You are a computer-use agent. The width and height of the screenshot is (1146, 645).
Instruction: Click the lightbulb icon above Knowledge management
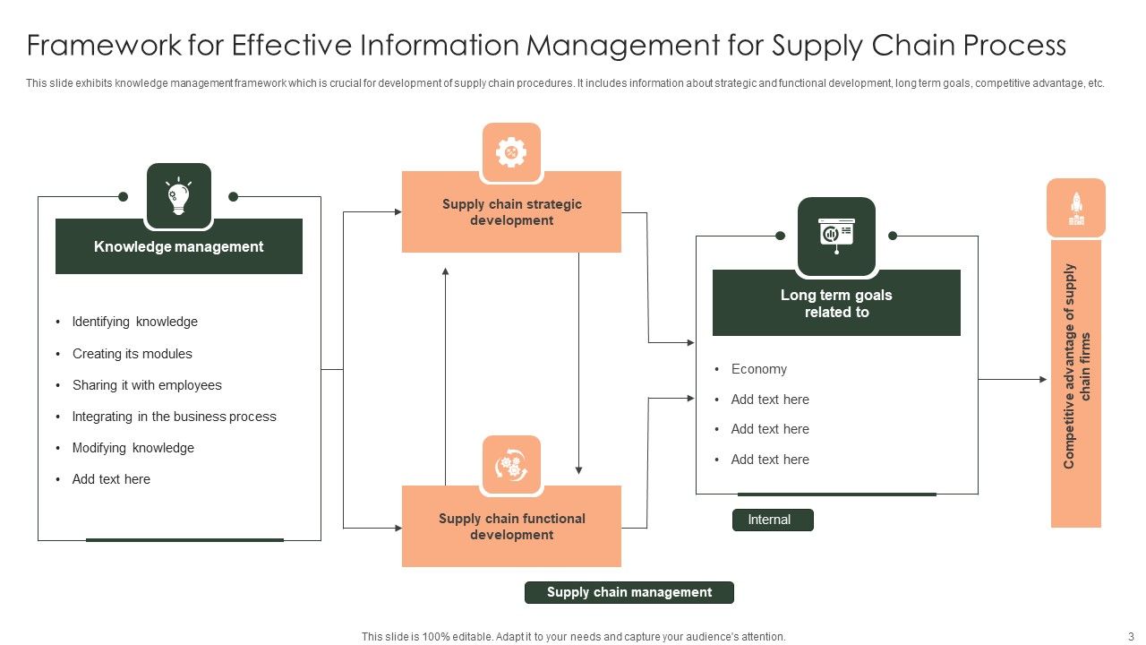coord(179,196)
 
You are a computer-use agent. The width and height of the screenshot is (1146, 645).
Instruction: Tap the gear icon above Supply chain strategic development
coord(511,152)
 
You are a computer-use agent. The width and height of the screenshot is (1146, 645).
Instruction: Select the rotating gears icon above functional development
coord(511,466)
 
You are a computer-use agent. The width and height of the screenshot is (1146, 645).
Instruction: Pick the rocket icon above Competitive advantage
coord(1076,208)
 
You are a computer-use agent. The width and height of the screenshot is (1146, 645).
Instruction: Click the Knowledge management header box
coord(179,246)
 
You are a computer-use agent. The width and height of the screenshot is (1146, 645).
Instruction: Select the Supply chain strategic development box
coord(511,212)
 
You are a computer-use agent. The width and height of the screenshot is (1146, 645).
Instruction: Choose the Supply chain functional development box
coord(511,527)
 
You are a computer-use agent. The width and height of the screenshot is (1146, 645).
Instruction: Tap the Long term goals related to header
coord(836,304)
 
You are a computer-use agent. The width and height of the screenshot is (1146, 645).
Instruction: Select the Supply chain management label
coord(629,592)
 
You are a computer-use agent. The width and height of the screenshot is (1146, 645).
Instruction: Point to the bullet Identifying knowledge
coord(134,322)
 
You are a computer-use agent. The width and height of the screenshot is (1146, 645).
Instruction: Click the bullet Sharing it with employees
coord(147,385)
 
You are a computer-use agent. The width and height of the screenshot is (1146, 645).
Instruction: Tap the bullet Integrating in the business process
coord(174,417)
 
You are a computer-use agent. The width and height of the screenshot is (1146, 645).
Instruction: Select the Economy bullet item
coord(758,369)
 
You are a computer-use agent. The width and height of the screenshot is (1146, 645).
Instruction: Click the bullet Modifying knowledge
coord(133,448)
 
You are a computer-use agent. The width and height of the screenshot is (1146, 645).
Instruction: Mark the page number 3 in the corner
coord(1130,636)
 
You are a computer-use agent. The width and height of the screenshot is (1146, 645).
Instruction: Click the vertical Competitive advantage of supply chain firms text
coord(1076,365)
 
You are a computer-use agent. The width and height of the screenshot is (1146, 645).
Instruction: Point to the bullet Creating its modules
coord(132,354)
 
